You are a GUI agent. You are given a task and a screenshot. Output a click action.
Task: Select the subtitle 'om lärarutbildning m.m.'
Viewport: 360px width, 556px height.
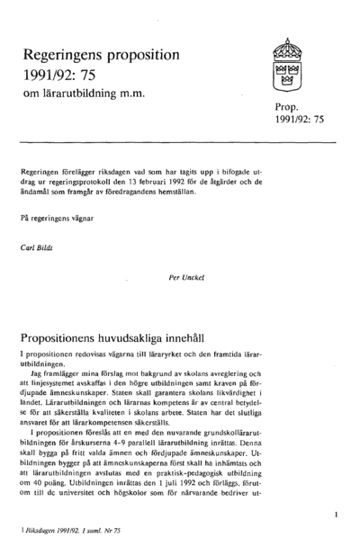pyautogui.click(x=84, y=94)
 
